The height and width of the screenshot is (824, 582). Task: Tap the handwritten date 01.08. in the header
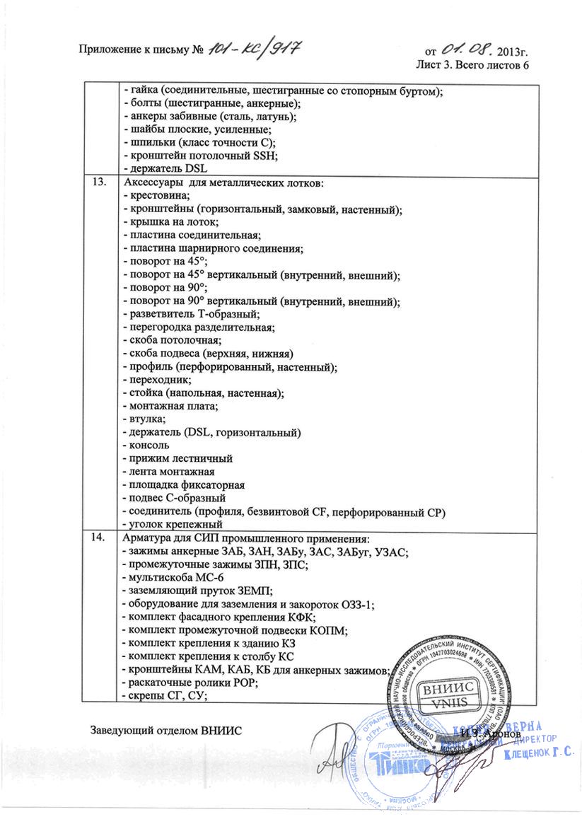(x=467, y=50)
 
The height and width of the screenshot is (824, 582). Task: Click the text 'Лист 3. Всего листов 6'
(x=472, y=65)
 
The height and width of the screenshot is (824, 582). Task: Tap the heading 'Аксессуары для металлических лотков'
(x=224, y=184)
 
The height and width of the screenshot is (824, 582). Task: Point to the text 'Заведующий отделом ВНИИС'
(x=165, y=730)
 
